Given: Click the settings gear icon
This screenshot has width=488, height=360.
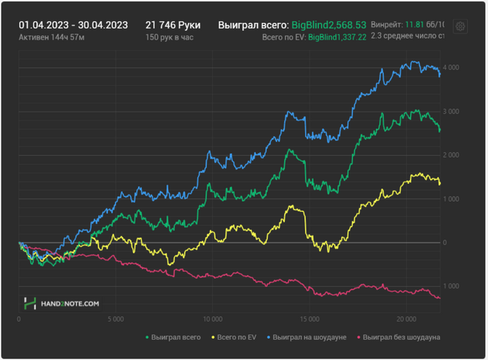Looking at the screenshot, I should (x=460, y=27).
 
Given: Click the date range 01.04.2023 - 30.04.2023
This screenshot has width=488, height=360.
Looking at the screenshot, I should (x=73, y=25).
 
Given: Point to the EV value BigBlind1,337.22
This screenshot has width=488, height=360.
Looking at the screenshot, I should (x=337, y=37).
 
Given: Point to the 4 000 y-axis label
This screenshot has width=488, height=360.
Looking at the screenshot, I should (x=450, y=68).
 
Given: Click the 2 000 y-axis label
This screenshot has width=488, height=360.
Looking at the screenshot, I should (x=450, y=155).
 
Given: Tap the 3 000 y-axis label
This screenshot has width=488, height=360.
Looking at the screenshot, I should (x=450, y=112).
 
